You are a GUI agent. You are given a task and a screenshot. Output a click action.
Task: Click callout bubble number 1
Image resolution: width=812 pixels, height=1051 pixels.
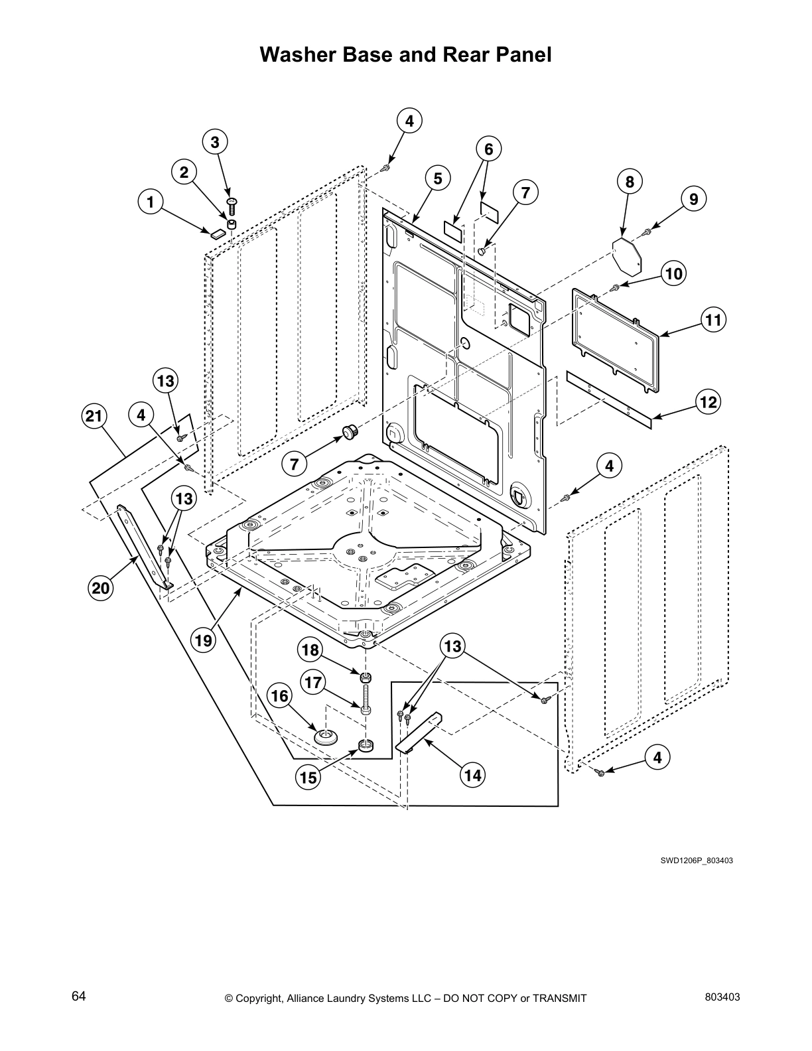click(x=151, y=201)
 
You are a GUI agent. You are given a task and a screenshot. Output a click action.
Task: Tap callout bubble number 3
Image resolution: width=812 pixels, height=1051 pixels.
click(x=215, y=142)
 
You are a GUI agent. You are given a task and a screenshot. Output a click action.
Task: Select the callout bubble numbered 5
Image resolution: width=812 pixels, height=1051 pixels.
click(x=438, y=178)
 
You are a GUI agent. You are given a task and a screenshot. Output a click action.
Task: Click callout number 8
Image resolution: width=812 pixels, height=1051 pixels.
click(x=630, y=181)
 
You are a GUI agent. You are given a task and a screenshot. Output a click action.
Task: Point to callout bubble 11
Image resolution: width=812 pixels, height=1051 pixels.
click(x=713, y=320)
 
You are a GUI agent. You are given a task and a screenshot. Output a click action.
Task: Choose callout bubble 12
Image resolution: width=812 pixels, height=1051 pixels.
click(x=709, y=402)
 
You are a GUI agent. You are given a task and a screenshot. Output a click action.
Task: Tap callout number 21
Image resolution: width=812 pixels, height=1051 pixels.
click(x=94, y=416)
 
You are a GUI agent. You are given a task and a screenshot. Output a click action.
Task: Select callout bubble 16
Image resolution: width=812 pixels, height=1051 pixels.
click(x=280, y=695)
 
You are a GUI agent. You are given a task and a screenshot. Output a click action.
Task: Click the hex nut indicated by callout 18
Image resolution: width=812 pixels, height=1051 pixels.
click(x=365, y=678)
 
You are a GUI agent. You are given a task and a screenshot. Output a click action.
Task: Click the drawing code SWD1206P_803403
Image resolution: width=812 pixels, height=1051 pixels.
click(x=696, y=861)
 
